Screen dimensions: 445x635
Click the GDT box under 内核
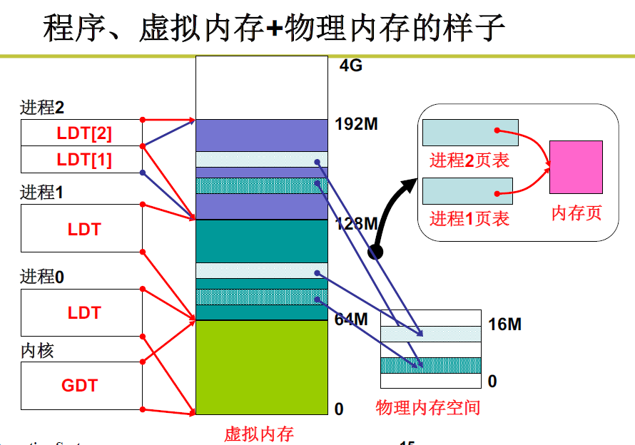click(x=81, y=386)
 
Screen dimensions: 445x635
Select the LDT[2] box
click(x=83, y=133)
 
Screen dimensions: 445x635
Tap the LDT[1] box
click(x=83, y=160)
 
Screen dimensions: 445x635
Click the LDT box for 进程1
click(x=83, y=229)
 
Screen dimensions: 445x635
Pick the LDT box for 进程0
click(x=83, y=312)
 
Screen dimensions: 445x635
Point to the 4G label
click(x=351, y=66)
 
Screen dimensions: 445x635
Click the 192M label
click(x=356, y=124)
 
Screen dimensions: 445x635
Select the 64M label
click(x=351, y=319)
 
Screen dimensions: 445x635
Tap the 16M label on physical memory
click(x=505, y=324)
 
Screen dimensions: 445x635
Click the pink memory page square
click(x=576, y=167)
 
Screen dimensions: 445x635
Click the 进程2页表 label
click(x=469, y=160)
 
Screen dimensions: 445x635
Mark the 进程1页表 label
click(x=469, y=219)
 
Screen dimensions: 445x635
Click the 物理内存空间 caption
click(x=428, y=408)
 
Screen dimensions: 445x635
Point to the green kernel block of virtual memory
click(x=261, y=367)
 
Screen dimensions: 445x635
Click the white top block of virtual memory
click(x=261, y=88)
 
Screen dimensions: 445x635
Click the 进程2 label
click(x=42, y=108)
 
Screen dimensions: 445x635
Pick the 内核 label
click(x=37, y=351)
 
